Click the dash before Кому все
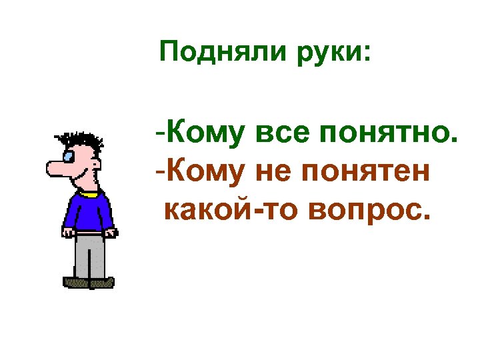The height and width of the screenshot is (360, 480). [x=160, y=134]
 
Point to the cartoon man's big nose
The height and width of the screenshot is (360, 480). [x=56, y=169]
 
